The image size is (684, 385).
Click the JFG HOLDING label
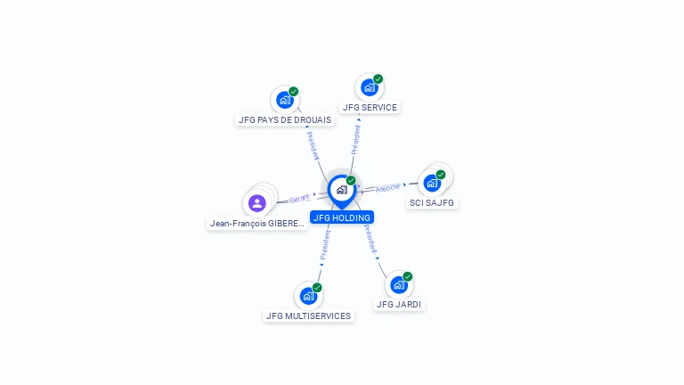pyautogui.click(x=342, y=217)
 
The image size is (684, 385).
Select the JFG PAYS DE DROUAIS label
pyautogui.click(x=284, y=119)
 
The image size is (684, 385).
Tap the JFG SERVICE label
pyautogui.click(x=370, y=108)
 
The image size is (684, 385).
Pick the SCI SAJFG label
pyautogui.click(x=432, y=203)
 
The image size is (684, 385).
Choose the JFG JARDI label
pyautogui.click(x=399, y=304)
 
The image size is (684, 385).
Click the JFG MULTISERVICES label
pyautogui.click(x=309, y=315)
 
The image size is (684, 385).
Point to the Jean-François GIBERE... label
pyautogui.click(x=257, y=224)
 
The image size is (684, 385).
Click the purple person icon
pyautogui.click(x=257, y=203)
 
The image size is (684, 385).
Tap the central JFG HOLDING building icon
pyautogui.click(x=341, y=190)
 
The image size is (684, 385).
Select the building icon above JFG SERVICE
pyautogui.click(x=369, y=87)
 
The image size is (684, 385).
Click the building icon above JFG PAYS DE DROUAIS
pyautogui.click(x=284, y=100)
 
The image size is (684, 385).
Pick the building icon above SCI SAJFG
pyautogui.click(x=432, y=183)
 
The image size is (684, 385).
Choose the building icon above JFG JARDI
pyautogui.click(x=398, y=285)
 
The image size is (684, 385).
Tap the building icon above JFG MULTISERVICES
pyautogui.click(x=308, y=296)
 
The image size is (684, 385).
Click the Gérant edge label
pyautogui.click(x=299, y=199)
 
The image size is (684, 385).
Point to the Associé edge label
pyautogui.click(x=387, y=188)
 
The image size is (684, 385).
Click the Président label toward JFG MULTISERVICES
pyautogui.click(x=325, y=246)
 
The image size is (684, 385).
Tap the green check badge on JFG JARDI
pyautogui.click(x=408, y=276)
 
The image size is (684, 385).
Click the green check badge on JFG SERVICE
pyautogui.click(x=379, y=79)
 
